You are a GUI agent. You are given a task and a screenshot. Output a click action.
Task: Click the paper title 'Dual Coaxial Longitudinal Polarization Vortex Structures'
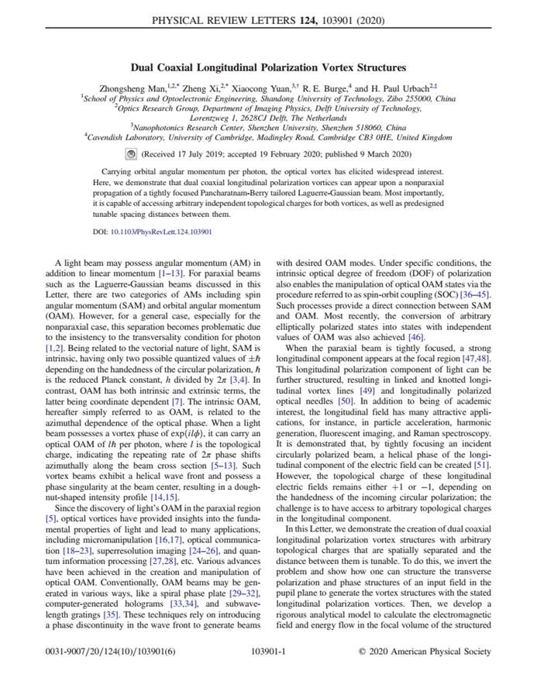pyautogui.click(x=268, y=68)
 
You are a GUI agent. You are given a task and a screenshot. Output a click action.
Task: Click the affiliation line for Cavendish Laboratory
pyautogui.click(x=268, y=137)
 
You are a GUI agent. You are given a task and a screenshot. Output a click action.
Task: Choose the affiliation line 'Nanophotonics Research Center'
pyautogui.click(x=268, y=128)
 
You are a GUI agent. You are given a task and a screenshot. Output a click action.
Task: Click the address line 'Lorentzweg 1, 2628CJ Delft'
pyautogui.click(x=268, y=119)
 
